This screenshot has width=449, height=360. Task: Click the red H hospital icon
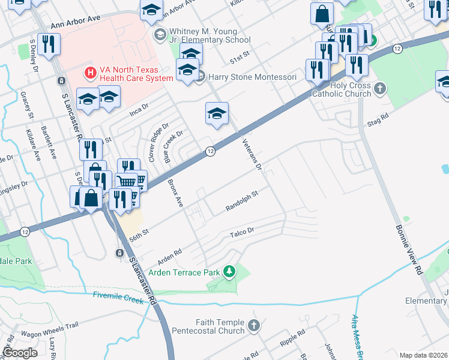click(x=91, y=73)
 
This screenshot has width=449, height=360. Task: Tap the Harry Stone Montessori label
click(x=252, y=77)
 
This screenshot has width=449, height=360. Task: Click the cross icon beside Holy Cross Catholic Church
click(x=379, y=89)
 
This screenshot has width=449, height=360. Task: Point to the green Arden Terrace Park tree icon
click(x=229, y=272)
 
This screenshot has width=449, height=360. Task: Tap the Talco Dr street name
click(x=243, y=230)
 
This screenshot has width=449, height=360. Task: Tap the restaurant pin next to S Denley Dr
click(x=49, y=44)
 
